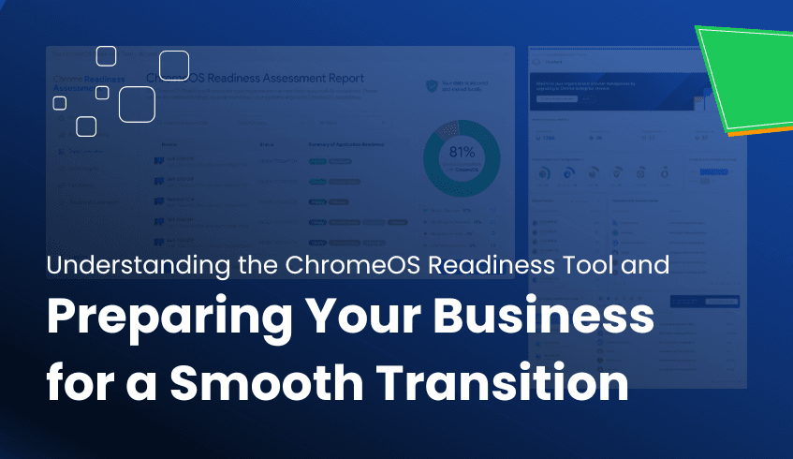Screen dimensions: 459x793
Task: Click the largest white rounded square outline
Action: [x=137, y=104]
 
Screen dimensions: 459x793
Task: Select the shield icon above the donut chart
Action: [x=431, y=86]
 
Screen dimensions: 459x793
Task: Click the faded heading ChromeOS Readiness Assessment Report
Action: [x=256, y=79]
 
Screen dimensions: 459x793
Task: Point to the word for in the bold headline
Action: [x=81, y=384]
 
